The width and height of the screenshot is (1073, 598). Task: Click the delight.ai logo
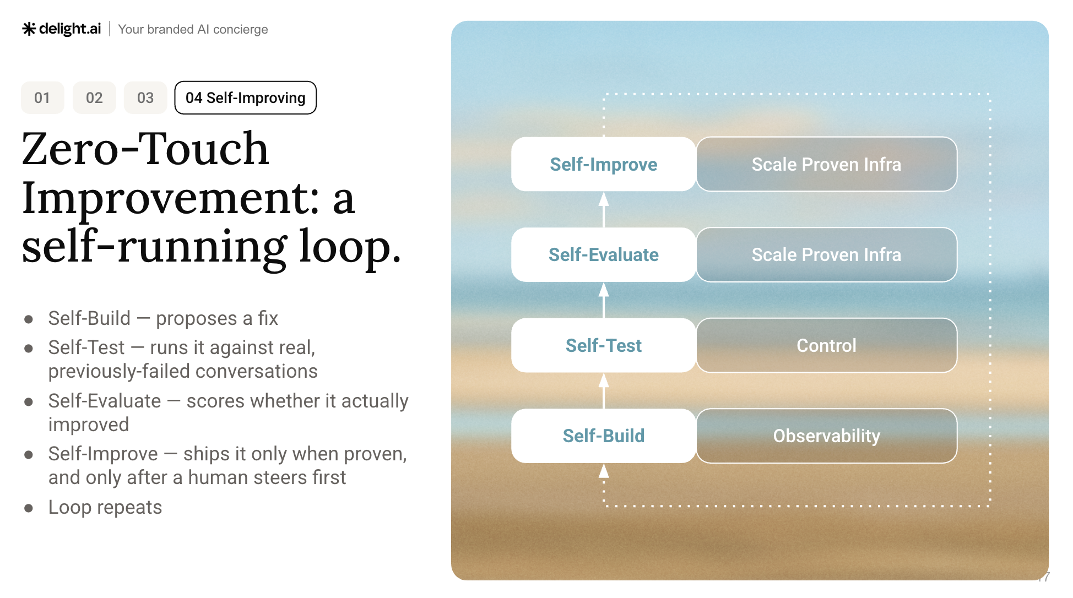point(62,29)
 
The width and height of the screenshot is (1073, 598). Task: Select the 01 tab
point(42,98)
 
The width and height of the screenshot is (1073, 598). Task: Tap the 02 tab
point(94,98)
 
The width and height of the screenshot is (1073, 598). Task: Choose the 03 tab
point(145,98)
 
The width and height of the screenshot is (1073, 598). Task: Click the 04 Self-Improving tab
point(246,98)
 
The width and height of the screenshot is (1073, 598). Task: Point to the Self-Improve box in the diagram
point(604,164)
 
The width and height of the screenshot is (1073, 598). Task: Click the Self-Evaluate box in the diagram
point(604,255)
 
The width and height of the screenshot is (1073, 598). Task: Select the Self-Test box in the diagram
point(604,345)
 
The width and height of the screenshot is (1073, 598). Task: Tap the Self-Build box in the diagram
point(604,436)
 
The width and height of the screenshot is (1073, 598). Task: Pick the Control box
point(827,345)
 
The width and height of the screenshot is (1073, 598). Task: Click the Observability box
point(827,436)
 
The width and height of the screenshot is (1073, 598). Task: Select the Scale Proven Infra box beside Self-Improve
point(827,164)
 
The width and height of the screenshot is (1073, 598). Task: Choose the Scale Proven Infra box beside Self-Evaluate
point(827,255)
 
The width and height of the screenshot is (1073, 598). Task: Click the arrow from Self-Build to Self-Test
point(604,391)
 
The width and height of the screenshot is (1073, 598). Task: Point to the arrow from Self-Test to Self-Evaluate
point(604,300)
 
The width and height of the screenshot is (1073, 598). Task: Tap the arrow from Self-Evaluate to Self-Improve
point(604,210)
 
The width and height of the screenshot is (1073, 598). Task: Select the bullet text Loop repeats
point(105,508)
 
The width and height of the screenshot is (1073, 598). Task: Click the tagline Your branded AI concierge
point(193,29)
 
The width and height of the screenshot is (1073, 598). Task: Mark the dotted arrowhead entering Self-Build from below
point(604,471)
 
